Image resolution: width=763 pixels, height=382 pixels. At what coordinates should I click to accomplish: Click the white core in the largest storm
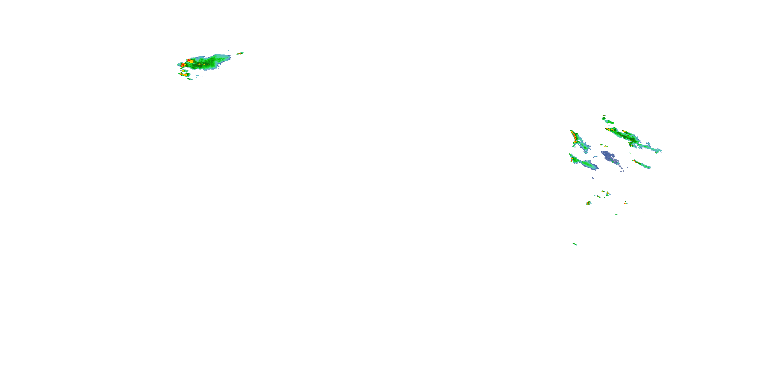point(183,64)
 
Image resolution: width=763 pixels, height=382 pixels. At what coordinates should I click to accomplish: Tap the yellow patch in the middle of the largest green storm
point(199,64)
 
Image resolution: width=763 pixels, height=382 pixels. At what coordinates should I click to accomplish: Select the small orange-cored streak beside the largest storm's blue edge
point(240,54)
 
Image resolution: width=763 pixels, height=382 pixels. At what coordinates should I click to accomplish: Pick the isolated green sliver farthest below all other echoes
point(574,244)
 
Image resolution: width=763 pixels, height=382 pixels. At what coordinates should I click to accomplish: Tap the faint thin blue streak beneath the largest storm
point(199,76)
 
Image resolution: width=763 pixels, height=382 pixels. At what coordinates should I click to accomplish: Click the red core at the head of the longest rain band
point(609,130)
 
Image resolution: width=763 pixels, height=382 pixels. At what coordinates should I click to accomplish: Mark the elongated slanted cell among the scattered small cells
point(597,196)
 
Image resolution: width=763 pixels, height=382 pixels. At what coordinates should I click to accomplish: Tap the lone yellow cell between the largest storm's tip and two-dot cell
point(184,71)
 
